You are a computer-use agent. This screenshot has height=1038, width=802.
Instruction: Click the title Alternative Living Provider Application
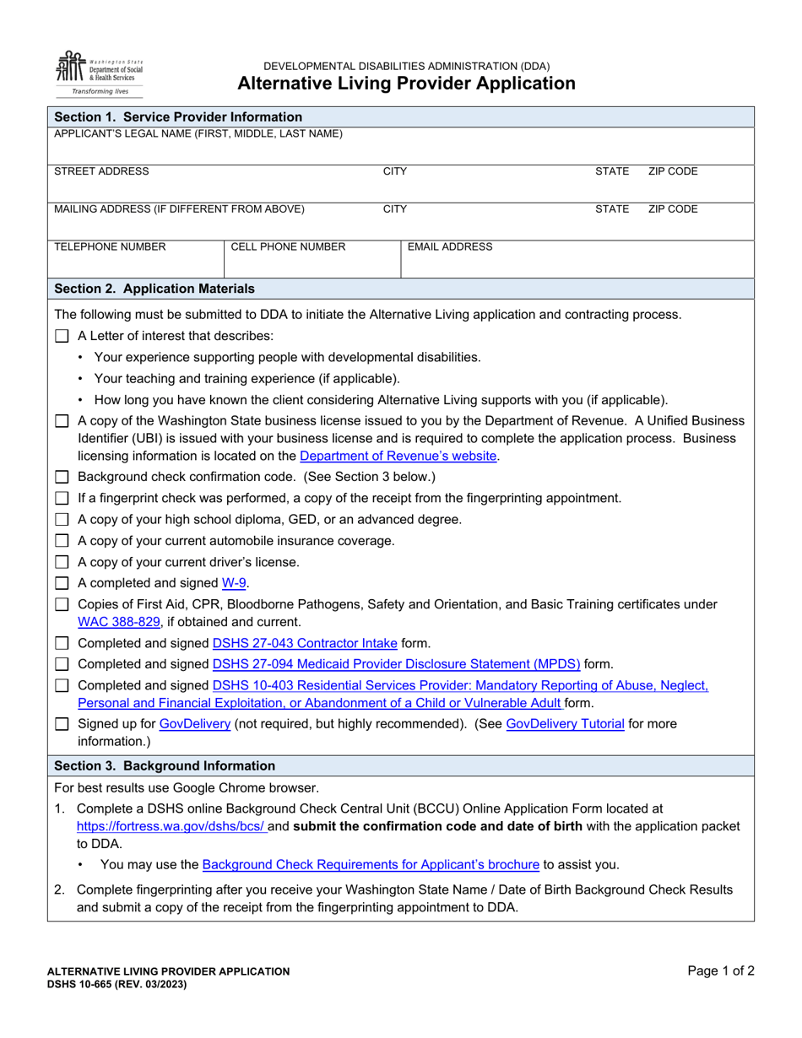pyautogui.click(x=406, y=84)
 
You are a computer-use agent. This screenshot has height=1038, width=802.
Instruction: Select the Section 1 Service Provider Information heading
pyautogui.click(x=178, y=117)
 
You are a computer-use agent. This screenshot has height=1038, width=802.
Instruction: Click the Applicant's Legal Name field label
pyautogui.click(x=198, y=133)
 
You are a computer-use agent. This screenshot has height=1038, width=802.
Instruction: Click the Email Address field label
pyautogui.click(x=450, y=247)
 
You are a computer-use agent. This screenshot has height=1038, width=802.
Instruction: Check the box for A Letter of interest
pyautogui.click(x=62, y=336)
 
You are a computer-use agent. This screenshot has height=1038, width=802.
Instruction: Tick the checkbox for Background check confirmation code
pyautogui.click(x=62, y=477)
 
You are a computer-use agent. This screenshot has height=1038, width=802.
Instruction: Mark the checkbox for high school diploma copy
pyautogui.click(x=62, y=520)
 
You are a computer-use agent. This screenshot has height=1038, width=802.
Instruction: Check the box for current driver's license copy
pyautogui.click(x=62, y=562)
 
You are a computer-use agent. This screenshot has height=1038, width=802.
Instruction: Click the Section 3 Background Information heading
pyautogui.click(x=165, y=766)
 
